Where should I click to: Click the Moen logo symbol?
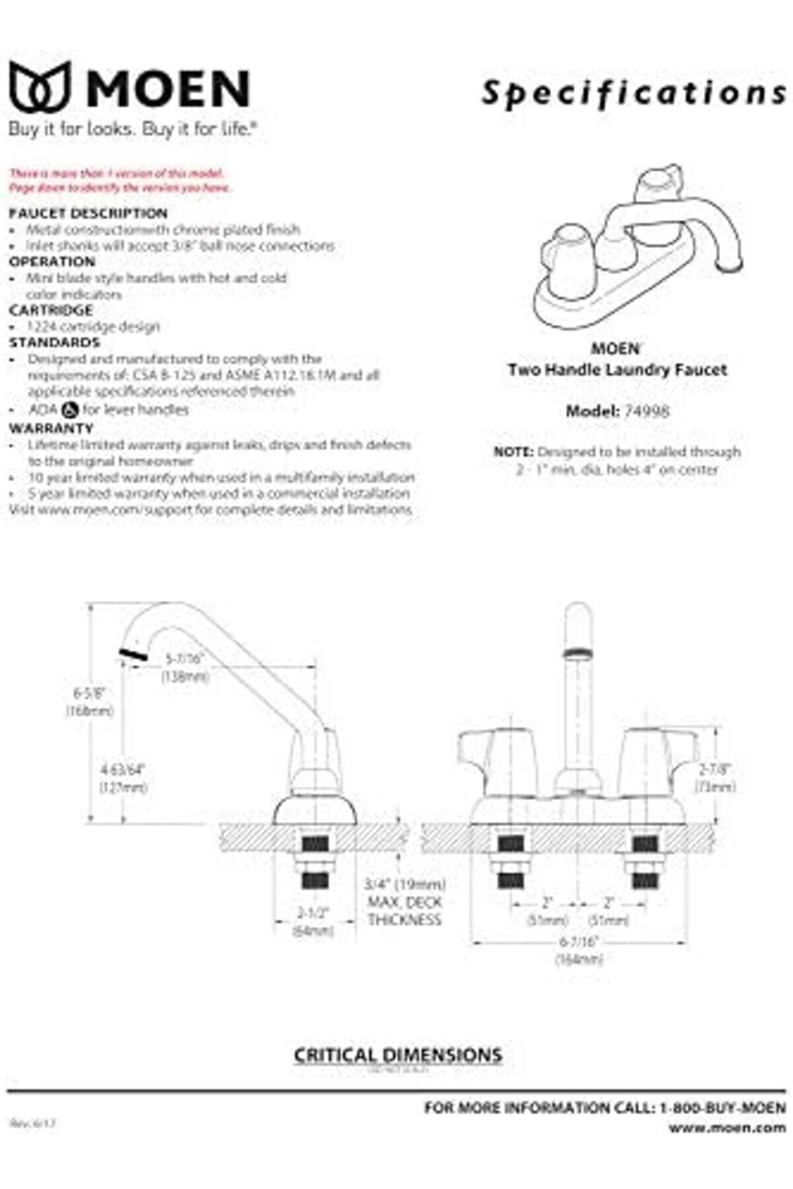click(40, 86)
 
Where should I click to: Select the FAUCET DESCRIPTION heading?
click(88, 213)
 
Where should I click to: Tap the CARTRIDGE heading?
click(51, 310)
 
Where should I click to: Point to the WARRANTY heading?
click(51, 428)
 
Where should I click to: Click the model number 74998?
click(646, 411)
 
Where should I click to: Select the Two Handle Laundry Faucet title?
click(617, 370)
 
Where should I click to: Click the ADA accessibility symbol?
click(70, 410)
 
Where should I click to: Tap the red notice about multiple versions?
click(119, 181)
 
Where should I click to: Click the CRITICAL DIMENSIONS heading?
click(397, 1055)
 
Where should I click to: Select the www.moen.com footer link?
click(727, 1128)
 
